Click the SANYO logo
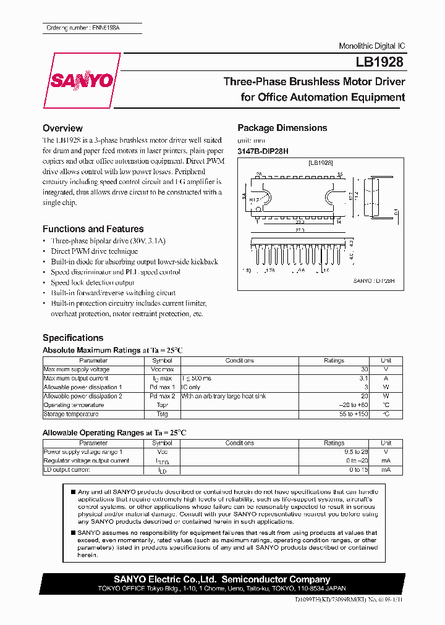pyautogui.click(x=82, y=81)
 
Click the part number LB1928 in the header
pyautogui.click(x=379, y=62)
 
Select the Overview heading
pyautogui.click(x=62, y=128)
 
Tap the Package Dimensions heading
pyautogui.click(x=282, y=128)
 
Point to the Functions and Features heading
pyautogui.click(x=93, y=229)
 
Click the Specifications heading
pyautogui.click(x=73, y=338)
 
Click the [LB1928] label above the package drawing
pyautogui.click(x=321, y=162)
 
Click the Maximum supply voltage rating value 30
pyautogui.click(x=364, y=369)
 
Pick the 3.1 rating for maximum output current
pyautogui.click(x=363, y=379)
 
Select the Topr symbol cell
pyautogui.click(x=163, y=405)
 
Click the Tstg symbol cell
pyautogui.click(x=163, y=414)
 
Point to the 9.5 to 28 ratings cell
pyautogui.click(x=355, y=452)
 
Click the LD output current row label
pyautogui.click(x=67, y=470)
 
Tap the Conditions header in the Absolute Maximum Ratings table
pyautogui.click(x=239, y=361)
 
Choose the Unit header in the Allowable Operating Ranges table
pyautogui.click(x=386, y=443)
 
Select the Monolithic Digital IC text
pyautogui.click(x=371, y=47)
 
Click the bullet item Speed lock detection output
pyautogui.click(x=92, y=282)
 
